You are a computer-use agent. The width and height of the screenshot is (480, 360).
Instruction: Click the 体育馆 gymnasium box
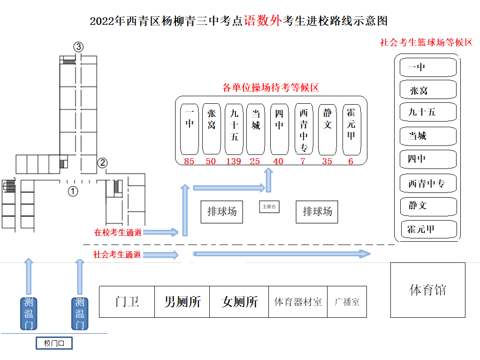pos(427,290)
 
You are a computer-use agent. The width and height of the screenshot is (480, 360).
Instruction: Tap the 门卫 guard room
pos(127,302)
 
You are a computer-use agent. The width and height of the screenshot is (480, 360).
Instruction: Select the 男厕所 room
pos(182,302)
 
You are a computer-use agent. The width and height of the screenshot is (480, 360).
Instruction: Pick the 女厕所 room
pos(239,302)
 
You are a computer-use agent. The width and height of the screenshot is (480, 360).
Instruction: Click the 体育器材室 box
pos(298,302)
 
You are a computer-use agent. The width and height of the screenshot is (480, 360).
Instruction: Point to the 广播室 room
pos(347,302)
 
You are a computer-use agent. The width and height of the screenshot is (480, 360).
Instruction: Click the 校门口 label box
pos(54,344)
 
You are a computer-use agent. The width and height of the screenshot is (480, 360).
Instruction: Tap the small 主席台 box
pos(269,207)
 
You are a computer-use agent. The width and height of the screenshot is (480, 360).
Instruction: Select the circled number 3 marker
pos(78,46)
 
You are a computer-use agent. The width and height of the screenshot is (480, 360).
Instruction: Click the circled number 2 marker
pos(102,163)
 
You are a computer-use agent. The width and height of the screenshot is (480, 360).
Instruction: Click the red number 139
pos(233,161)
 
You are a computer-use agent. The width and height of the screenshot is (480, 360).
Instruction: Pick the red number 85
pos(189,161)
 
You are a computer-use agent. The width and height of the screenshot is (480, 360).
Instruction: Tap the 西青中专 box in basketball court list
pos(428,183)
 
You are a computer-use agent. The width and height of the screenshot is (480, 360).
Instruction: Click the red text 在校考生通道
pos(118,232)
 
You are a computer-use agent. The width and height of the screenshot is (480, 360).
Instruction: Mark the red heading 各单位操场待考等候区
pos(270,88)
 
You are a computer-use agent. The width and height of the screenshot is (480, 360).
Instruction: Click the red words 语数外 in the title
pos(263,21)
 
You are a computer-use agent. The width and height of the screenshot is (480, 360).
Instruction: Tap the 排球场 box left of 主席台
pos(222,212)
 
